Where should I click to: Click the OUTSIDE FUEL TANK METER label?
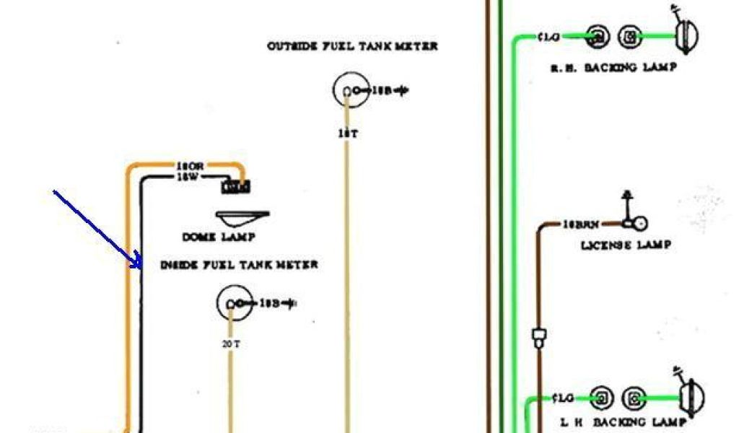pyautogui.click(x=352, y=46)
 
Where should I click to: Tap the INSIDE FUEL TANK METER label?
pyautogui.click(x=239, y=265)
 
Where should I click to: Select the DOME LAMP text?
pyautogui.click(x=219, y=237)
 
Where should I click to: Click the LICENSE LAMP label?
pyautogui.click(x=626, y=245)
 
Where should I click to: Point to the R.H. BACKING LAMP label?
pyautogui.click(x=613, y=67)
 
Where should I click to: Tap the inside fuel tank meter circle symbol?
pyautogui.click(x=233, y=304)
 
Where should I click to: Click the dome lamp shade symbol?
pyautogui.click(x=240, y=217)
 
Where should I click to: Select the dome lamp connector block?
pyautogui.click(x=236, y=187)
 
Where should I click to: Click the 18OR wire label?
pyautogui.click(x=190, y=166)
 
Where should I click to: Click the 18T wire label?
pyautogui.click(x=348, y=134)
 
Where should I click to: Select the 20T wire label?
pyautogui.click(x=231, y=344)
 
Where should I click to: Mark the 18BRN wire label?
pyautogui.click(x=582, y=224)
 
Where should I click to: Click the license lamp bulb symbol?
pyautogui.click(x=638, y=224)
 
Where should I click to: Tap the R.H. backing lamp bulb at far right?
pyautogui.click(x=685, y=35)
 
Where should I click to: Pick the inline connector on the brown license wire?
pyautogui.click(x=538, y=338)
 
